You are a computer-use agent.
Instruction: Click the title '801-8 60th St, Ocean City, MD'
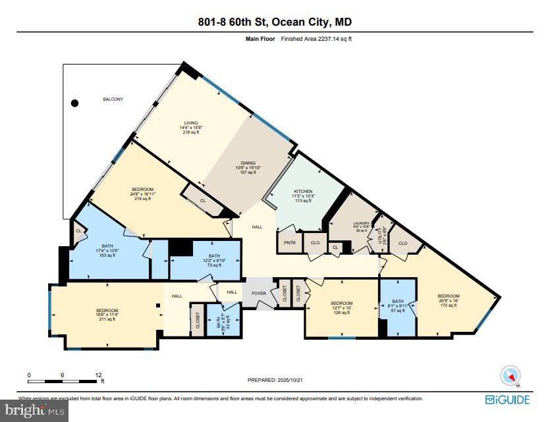[x=275, y=22]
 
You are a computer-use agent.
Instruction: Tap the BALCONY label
[x=113, y=99]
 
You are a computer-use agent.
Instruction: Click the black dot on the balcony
[x=75, y=103]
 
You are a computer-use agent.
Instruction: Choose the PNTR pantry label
[x=289, y=242]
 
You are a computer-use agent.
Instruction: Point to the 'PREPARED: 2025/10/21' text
[x=275, y=380]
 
